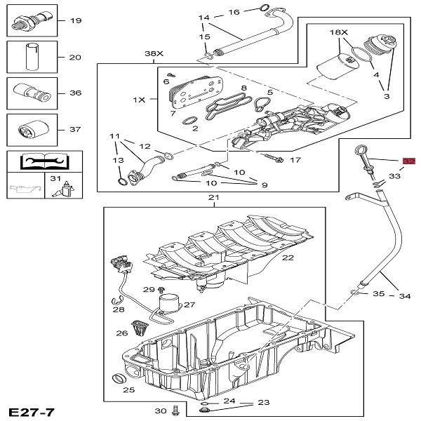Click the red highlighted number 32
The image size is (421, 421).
(x=408, y=161)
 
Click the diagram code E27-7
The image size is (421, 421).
(x=32, y=410)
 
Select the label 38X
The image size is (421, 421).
(x=153, y=53)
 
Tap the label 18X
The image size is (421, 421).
(x=340, y=33)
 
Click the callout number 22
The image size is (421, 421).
(x=288, y=258)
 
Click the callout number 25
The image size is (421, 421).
(x=128, y=389)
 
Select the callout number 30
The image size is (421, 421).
(x=160, y=410)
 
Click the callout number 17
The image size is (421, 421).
(x=295, y=160)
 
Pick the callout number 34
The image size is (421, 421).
(x=405, y=296)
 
